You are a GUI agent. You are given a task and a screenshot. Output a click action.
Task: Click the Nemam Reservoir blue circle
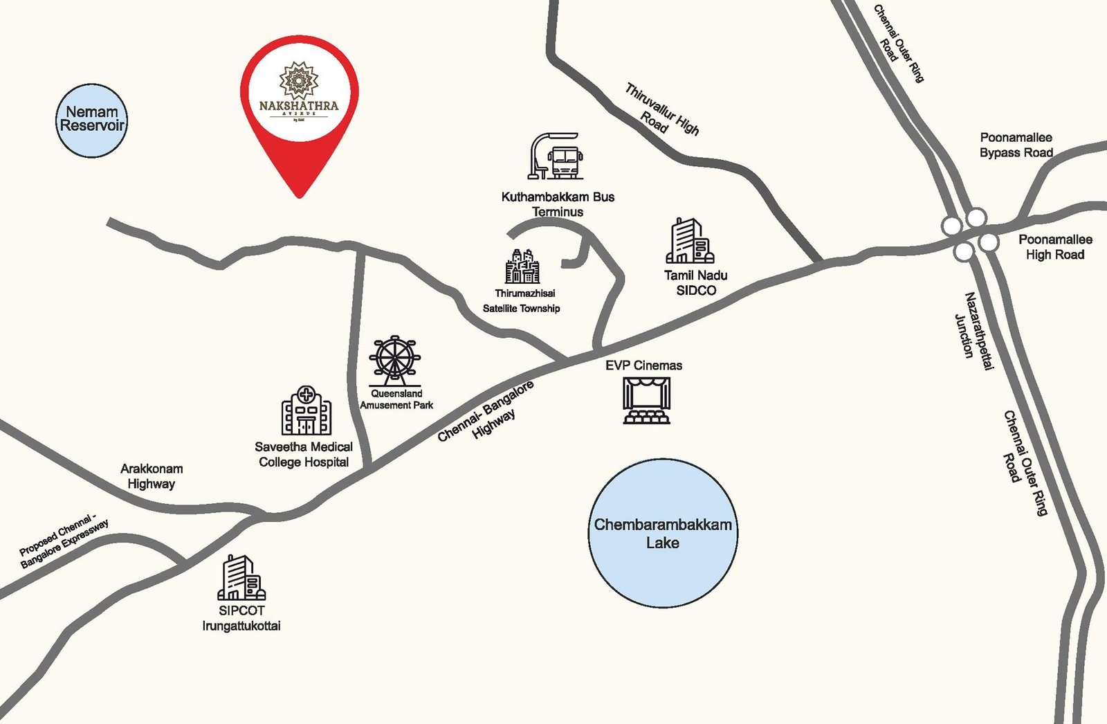(x=91, y=120)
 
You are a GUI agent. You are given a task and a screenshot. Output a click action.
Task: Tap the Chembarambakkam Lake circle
(x=663, y=534)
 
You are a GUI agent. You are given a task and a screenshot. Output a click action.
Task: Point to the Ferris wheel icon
(x=394, y=360)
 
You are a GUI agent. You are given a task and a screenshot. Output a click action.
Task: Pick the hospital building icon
(x=306, y=411)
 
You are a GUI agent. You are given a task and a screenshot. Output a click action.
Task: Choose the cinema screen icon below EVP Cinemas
(x=647, y=401)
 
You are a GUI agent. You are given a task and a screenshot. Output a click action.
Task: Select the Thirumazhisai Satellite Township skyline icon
(x=522, y=266)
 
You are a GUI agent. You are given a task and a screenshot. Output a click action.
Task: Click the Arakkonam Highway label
(x=152, y=476)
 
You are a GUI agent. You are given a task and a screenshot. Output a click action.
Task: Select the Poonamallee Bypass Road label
(x=1016, y=145)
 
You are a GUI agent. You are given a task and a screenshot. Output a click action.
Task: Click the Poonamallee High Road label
(x=1055, y=247)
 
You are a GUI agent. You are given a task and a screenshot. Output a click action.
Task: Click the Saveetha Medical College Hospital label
(x=304, y=455)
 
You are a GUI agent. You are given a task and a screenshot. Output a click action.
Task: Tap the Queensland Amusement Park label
(x=396, y=399)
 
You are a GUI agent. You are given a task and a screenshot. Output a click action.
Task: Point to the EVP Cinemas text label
(x=643, y=365)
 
